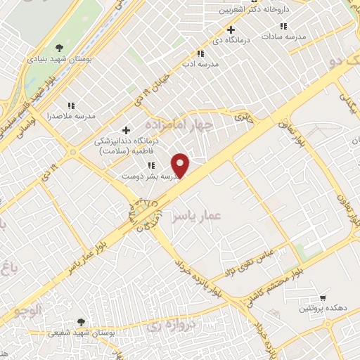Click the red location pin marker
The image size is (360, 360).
click(x=182, y=165)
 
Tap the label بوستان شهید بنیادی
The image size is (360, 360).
click(x=59, y=60)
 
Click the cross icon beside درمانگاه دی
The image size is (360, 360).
click(x=230, y=30)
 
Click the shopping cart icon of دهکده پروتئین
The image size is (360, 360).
click(x=323, y=297)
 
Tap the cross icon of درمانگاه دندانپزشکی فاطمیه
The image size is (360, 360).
click(x=126, y=129)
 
